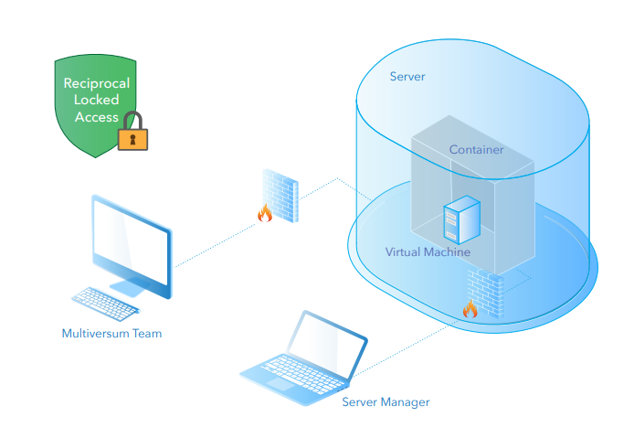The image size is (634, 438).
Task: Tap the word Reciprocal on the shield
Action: tap(96, 83)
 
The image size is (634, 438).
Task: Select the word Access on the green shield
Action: tap(96, 117)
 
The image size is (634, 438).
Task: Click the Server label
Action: tap(407, 77)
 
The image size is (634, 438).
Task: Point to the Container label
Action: tap(476, 150)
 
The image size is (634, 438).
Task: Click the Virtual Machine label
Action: tap(428, 251)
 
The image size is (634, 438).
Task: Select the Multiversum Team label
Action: tap(111, 333)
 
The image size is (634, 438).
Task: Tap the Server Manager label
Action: tap(386, 401)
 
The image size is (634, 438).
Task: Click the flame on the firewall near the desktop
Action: tap(265, 213)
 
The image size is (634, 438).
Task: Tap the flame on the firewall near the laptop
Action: tap(470, 309)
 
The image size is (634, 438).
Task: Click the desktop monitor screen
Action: tap(131, 240)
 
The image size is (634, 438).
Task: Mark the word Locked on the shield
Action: tap(96, 101)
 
